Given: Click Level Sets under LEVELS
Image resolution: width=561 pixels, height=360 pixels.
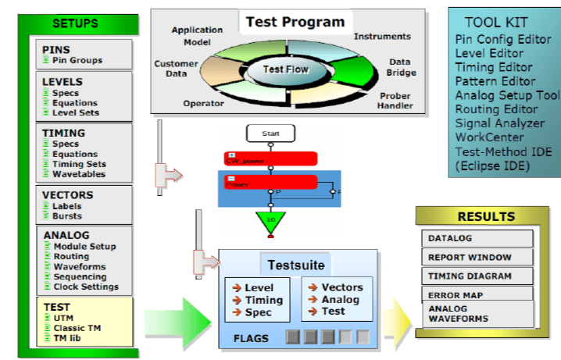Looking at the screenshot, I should [75, 112].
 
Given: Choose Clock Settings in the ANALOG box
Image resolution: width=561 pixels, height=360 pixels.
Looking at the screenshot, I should [85, 287].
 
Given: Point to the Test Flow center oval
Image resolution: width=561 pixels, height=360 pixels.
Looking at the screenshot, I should [285, 70].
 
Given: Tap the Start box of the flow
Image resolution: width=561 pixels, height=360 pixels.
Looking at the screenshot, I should [271, 134].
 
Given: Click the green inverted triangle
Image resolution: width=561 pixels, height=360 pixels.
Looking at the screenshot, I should [270, 221].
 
